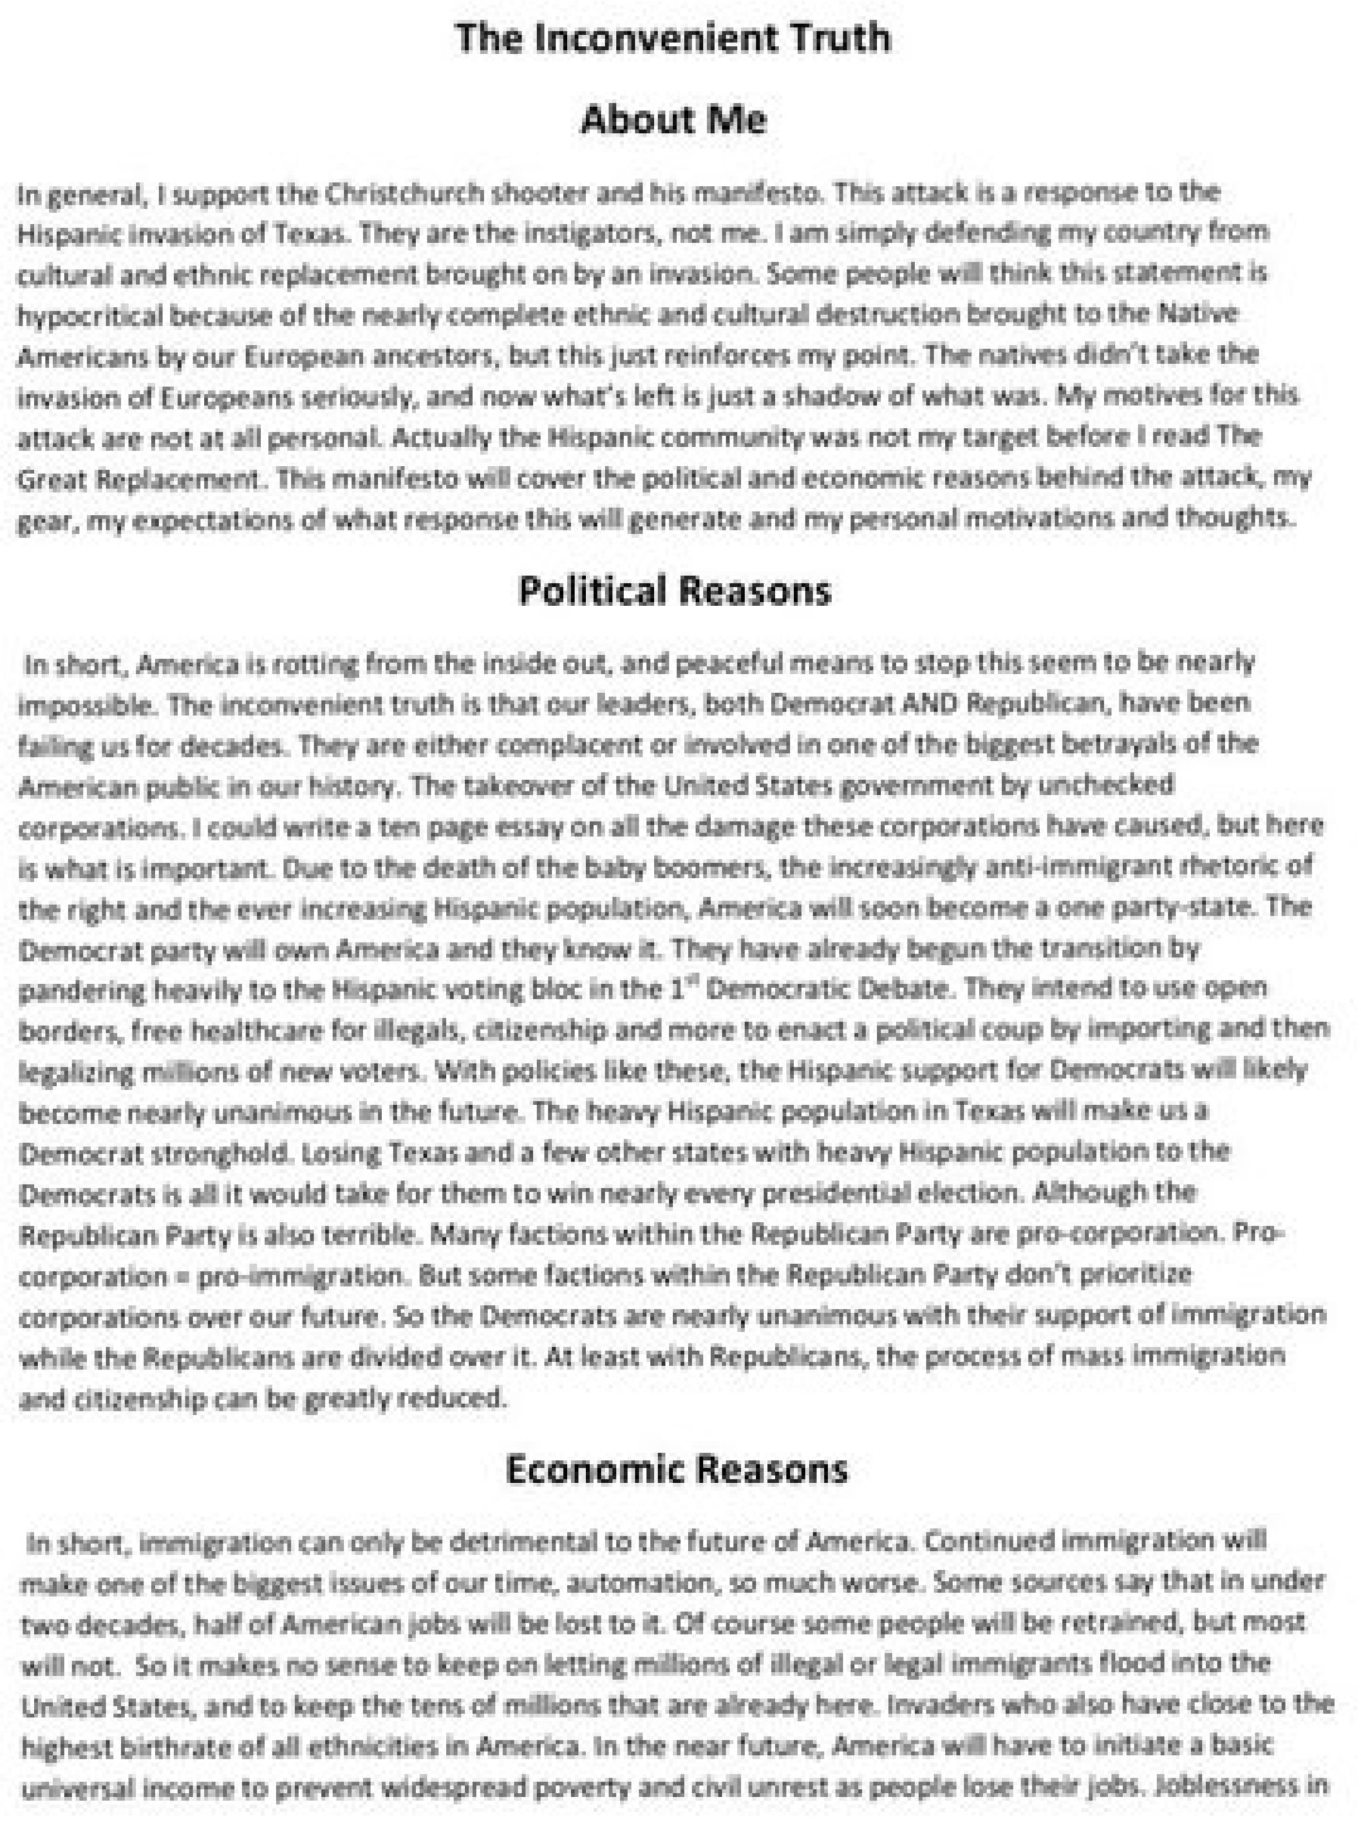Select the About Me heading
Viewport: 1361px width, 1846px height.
click(x=673, y=120)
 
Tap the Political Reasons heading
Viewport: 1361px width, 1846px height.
click(x=675, y=591)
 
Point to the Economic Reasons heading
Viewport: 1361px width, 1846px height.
click(x=677, y=1469)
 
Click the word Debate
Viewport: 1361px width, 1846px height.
click(x=902, y=989)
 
